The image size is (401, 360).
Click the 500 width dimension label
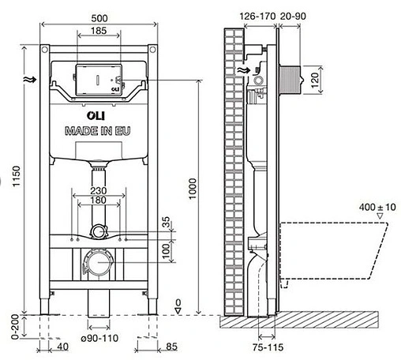pos(99,18)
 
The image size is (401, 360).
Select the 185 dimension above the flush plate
pos(99,31)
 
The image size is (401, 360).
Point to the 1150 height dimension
pos(17,176)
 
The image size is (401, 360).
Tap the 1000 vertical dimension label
pos(193,189)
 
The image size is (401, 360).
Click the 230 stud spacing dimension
pos(99,190)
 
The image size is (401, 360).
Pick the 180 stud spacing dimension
pos(98,201)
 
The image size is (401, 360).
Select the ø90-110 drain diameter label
pos(99,338)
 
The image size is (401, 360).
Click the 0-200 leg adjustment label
pos(16,327)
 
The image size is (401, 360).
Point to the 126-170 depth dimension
pos(257,17)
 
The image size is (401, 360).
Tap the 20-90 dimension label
pos(293,17)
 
